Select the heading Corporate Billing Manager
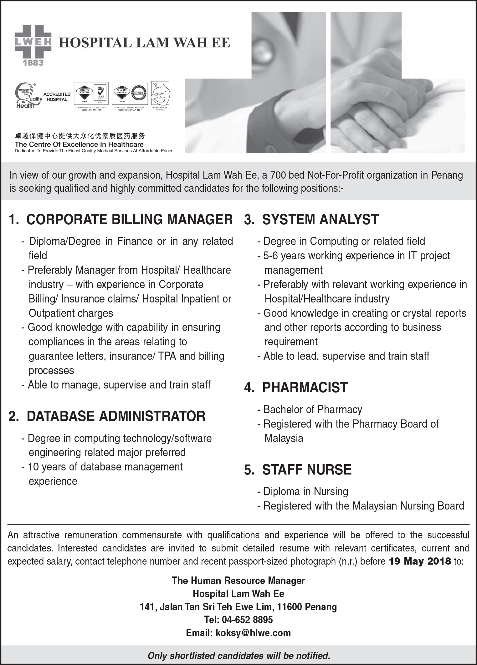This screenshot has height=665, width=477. pos(121,219)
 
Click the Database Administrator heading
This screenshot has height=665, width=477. pos(107,416)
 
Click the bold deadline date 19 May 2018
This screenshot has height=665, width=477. pos(419,561)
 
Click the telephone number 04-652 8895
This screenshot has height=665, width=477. pos(247,620)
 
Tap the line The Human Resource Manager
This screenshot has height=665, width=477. pos(238,581)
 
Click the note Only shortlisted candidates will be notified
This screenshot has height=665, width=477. pos(238,655)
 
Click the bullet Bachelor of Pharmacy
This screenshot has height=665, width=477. pos(312,409)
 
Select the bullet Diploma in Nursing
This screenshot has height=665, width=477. pos(305,491)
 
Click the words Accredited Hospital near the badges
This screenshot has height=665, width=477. pos(57,97)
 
